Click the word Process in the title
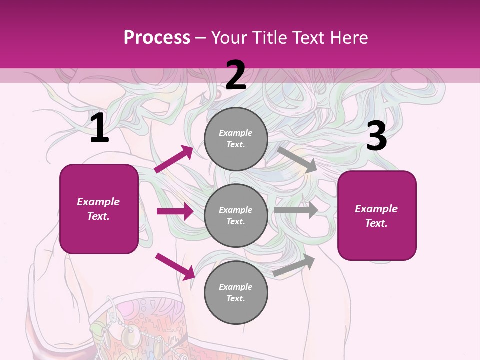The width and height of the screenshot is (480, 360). (157, 38)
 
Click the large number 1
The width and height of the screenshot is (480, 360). (99, 128)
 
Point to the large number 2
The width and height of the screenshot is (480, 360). (236, 75)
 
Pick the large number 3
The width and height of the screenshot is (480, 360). (376, 136)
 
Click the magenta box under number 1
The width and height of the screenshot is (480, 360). (99, 209)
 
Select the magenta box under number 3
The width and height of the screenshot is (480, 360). (377, 216)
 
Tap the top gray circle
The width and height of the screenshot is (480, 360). (236, 139)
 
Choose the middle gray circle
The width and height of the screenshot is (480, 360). (236, 215)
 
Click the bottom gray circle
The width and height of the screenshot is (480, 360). (236, 292)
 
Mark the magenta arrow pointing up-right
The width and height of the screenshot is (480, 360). (174, 159)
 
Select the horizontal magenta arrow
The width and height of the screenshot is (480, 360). (175, 211)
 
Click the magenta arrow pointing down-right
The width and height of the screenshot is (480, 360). (175, 266)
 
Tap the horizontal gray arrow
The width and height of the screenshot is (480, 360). (296, 210)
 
